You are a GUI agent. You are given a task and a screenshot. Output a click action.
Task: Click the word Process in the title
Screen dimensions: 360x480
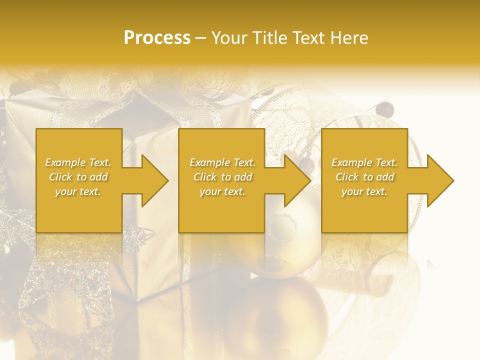[x=157, y=38]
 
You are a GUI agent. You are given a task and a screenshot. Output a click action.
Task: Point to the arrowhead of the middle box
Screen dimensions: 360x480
[x=296, y=180]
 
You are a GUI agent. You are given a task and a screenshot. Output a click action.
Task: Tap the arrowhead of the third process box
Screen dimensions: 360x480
[x=438, y=180]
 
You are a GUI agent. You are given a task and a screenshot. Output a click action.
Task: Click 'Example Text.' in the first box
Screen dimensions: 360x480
[x=78, y=162]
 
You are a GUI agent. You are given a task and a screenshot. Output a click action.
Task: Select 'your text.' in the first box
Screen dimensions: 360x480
[x=78, y=191]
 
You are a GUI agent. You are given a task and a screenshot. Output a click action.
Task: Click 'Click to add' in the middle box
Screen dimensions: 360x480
[x=222, y=177]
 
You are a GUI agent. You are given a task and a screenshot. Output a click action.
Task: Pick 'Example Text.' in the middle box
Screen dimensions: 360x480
[x=222, y=162]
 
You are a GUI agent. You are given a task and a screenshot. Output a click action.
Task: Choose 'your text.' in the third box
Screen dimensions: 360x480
[x=364, y=191]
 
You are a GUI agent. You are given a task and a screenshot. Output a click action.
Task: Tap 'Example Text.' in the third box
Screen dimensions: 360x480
[x=364, y=162]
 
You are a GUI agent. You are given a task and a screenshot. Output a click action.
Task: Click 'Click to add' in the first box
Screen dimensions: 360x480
[x=78, y=177]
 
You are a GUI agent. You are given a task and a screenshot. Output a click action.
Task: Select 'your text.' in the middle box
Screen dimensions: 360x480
[x=222, y=191]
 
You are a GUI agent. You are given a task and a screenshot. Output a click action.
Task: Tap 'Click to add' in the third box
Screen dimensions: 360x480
[x=364, y=177]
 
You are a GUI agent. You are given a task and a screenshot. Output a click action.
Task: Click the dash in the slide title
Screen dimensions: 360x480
[x=200, y=38]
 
